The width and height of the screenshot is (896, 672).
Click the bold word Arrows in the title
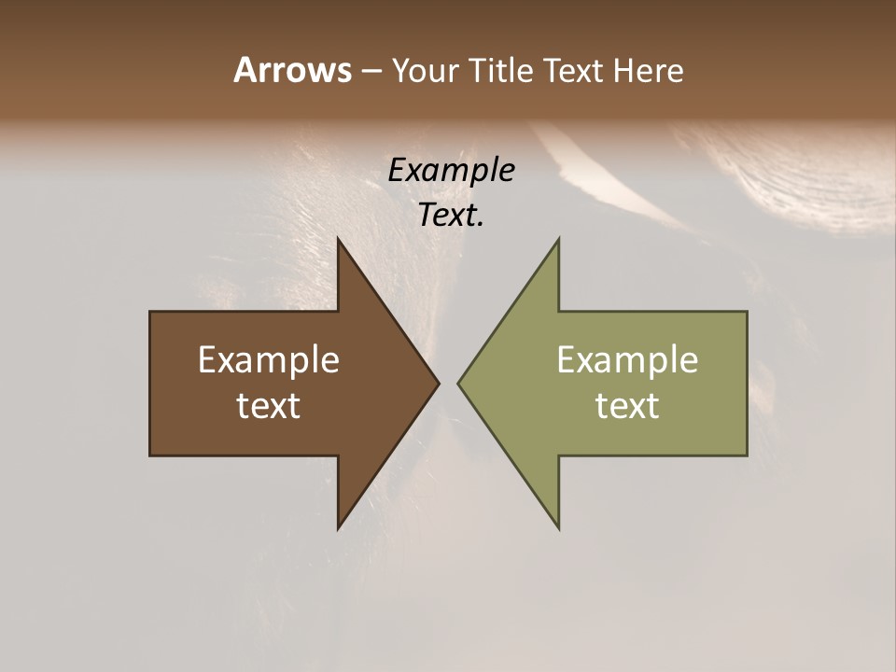[x=291, y=70]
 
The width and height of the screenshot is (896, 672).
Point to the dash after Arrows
[x=371, y=72]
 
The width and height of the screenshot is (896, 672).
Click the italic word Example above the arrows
[x=451, y=171]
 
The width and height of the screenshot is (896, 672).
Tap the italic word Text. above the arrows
[x=451, y=216]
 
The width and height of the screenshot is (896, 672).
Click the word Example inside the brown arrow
[x=268, y=360]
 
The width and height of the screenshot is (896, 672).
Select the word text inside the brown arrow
[x=268, y=406]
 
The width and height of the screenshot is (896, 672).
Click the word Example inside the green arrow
[x=627, y=360]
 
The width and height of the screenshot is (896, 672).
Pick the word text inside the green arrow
[x=627, y=406]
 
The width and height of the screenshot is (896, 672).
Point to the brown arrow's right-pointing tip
[x=438, y=383]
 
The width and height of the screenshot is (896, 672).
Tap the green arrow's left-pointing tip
[x=458, y=383]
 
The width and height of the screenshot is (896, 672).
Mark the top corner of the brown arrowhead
[x=338, y=239]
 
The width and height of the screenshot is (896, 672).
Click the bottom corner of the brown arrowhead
[x=338, y=528]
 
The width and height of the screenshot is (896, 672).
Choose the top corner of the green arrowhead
[x=558, y=239]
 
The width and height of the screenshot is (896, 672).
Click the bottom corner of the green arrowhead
[x=558, y=528]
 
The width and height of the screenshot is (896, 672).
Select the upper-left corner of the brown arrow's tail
[x=150, y=312]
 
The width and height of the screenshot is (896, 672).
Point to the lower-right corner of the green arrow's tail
[x=747, y=455]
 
